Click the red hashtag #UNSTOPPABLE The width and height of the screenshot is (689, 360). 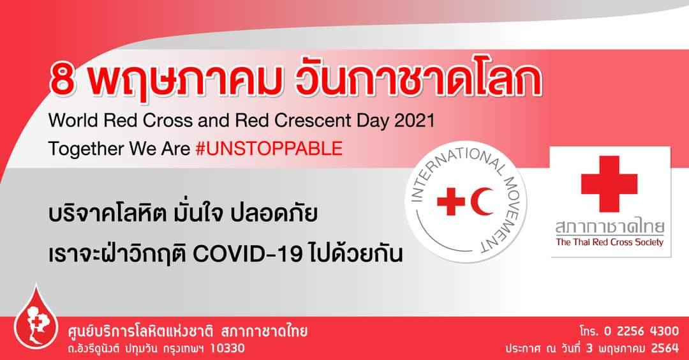tap(269, 149)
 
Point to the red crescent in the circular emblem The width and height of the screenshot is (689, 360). tap(483, 201)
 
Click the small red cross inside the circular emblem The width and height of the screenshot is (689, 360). tap(451, 201)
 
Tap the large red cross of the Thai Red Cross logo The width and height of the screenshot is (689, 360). tap(609, 184)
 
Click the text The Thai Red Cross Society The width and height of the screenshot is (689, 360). tap(609, 242)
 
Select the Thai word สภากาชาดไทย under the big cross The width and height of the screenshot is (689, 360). tap(609, 227)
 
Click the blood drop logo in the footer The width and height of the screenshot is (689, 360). tap(36, 323)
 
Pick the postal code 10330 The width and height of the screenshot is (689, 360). tap(227, 349)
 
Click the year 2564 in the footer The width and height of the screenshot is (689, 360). tap(665, 349)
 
